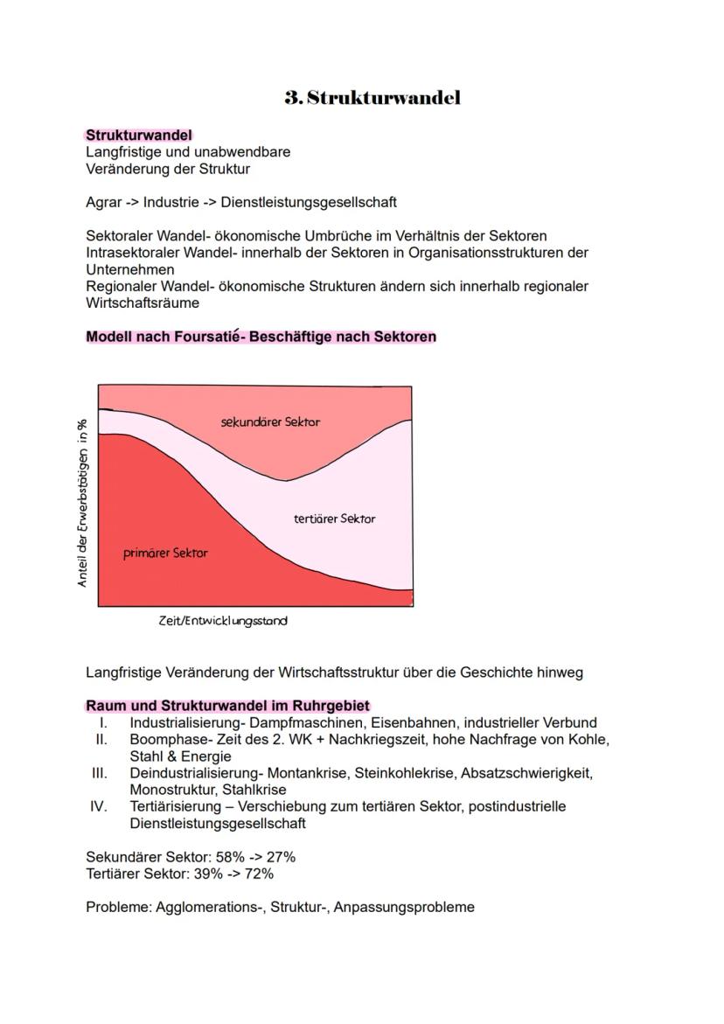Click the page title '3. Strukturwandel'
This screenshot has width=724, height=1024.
372,98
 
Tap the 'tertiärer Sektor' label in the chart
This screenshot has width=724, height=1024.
334,519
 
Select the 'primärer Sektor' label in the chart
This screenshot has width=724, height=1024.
166,553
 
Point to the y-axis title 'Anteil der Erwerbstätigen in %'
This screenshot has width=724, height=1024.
83,502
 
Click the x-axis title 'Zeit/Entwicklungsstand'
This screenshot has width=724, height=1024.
222,621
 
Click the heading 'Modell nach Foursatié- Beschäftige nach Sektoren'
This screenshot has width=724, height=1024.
261,337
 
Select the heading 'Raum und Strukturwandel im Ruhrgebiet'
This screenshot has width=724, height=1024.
227,706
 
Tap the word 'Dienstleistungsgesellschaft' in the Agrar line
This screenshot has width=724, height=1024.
309,202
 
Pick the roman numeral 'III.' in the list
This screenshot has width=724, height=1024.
99,773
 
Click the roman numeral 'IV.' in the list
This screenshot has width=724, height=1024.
99,806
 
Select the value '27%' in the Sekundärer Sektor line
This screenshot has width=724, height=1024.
281,857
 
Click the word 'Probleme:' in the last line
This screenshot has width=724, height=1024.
119,907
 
